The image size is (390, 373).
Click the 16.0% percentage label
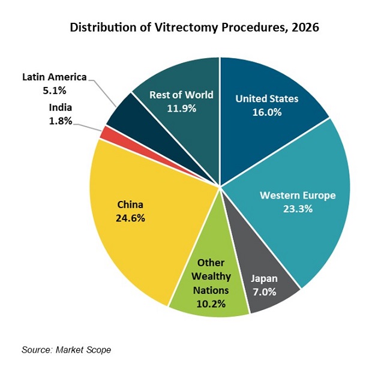266,112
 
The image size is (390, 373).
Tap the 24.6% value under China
130,218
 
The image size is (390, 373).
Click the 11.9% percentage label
181,109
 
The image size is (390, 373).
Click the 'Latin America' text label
55,77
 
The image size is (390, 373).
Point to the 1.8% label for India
61,121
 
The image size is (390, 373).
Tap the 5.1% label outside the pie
55,91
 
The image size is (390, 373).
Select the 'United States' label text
266,98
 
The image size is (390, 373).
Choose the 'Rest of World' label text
181,95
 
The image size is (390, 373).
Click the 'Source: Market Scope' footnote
66,349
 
